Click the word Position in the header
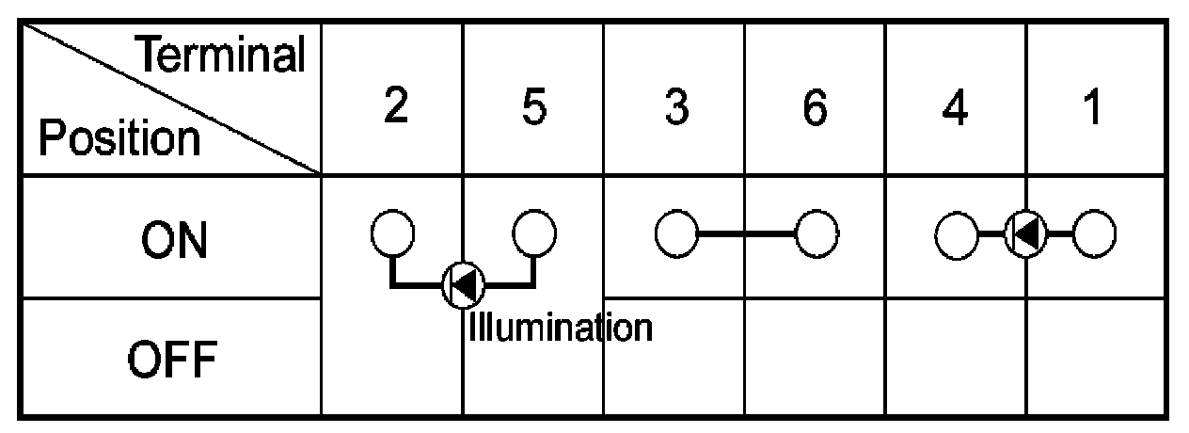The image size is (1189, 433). tap(119, 139)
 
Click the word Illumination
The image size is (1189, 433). tap(560, 328)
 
